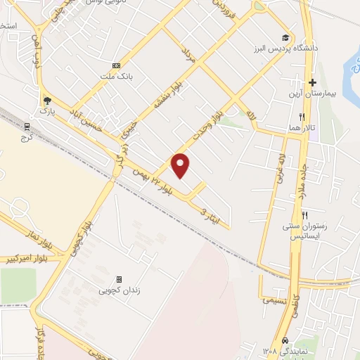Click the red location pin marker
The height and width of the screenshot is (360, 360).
tap(181, 165)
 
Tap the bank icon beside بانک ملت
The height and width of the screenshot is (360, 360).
tap(116, 65)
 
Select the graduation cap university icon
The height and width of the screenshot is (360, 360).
tap(285, 38)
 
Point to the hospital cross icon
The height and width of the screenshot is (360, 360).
tap(312, 82)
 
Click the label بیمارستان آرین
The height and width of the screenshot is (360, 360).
tap(311, 94)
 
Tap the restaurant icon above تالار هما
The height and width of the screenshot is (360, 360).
tap(302, 116)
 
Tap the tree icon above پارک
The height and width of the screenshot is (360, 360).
tap(47, 100)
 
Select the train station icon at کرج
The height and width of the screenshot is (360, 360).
tap(28, 126)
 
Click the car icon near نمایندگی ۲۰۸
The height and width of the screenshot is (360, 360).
tap(284, 340)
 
